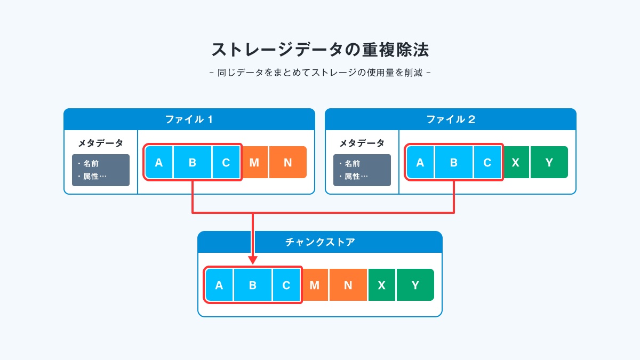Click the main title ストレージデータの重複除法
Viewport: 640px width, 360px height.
point(320,50)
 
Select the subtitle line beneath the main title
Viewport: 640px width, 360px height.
point(320,73)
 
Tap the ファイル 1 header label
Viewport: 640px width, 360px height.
point(189,119)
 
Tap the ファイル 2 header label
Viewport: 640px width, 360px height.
point(451,119)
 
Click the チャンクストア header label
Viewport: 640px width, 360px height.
point(320,242)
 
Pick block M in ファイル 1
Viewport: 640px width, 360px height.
point(254,162)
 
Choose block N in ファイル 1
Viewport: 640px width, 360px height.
point(288,162)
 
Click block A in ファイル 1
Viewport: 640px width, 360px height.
point(159,162)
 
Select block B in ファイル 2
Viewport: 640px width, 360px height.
point(454,162)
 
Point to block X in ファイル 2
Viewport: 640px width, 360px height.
point(516,162)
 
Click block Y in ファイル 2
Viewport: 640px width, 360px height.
point(549,162)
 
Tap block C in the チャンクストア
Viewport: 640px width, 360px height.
point(286,285)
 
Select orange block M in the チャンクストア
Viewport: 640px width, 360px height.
point(315,285)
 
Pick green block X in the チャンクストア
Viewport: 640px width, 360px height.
point(382,285)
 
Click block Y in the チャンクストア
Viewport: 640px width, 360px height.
point(415,285)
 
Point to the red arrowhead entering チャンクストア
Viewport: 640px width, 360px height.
point(253,260)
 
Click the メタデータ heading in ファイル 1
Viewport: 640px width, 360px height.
point(101,143)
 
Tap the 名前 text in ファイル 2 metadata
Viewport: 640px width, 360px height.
point(353,163)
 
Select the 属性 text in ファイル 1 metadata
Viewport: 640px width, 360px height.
point(91,177)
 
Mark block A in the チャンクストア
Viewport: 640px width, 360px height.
point(219,285)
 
